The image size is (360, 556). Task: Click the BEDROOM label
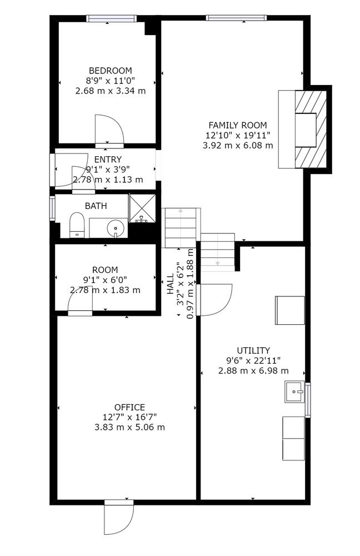pyautogui.click(x=110, y=71)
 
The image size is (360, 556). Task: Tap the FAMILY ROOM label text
pyautogui.click(x=237, y=125)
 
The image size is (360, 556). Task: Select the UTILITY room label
pyautogui.click(x=253, y=351)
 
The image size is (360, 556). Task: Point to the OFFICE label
pyautogui.click(x=129, y=408)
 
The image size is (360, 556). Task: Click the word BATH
pyautogui.click(x=96, y=206)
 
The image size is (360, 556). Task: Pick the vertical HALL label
pyautogui.click(x=171, y=284)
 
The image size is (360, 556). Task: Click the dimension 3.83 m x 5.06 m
pyautogui.click(x=129, y=427)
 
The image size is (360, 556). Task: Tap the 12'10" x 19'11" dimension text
pyautogui.click(x=238, y=135)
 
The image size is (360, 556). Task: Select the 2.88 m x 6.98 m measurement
pyautogui.click(x=253, y=371)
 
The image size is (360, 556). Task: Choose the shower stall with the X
pyautogui.click(x=142, y=208)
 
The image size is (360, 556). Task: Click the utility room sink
pyautogui.click(x=294, y=391)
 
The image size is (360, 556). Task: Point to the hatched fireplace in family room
pyautogui.click(x=311, y=130)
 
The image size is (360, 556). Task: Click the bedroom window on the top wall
pyautogui.click(x=111, y=18)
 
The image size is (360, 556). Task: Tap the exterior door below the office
pyautogui.click(x=119, y=518)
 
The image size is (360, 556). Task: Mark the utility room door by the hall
pyautogui.click(x=215, y=300)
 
